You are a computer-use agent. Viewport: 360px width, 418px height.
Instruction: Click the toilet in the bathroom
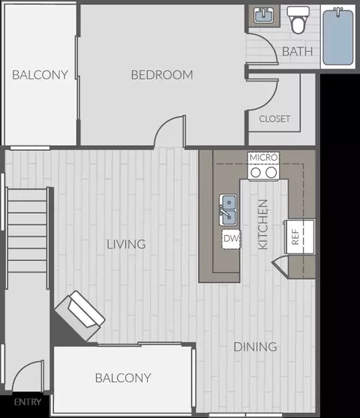tap(298, 20)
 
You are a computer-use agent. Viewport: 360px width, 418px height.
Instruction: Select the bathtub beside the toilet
tap(338, 37)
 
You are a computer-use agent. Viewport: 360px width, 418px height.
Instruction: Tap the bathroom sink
tap(263, 15)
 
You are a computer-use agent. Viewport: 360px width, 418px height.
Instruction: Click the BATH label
tap(298, 52)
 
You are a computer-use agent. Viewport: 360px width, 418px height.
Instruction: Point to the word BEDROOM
tap(162, 75)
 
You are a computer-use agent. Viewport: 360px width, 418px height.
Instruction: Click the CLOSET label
tap(274, 119)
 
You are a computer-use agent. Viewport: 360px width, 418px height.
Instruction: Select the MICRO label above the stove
tap(263, 158)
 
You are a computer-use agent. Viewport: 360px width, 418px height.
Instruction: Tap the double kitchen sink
tap(228, 210)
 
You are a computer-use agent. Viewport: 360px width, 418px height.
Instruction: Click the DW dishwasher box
tap(231, 239)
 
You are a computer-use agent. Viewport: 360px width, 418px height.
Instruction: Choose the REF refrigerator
tap(299, 236)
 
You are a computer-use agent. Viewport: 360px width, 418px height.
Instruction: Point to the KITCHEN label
tap(263, 224)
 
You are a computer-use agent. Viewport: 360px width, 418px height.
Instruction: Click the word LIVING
tap(126, 244)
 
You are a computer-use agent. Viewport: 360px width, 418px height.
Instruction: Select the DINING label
tap(255, 347)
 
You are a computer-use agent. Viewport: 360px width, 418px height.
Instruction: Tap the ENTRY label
tap(28, 402)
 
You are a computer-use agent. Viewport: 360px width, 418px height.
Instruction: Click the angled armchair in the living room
tap(79, 316)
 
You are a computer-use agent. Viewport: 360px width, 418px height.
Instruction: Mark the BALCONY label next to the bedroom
tap(40, 75)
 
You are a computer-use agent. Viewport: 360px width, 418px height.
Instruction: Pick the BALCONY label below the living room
tap(123, 378)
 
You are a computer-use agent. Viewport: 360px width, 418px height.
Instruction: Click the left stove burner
tap(256, 173)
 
